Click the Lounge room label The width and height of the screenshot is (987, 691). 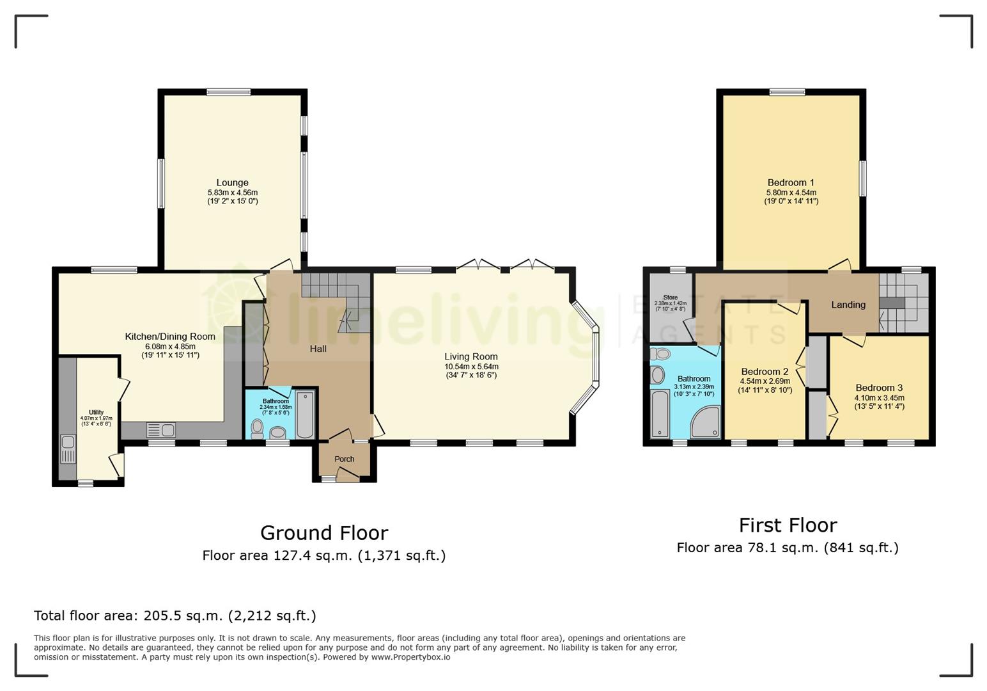(x=232, y=182)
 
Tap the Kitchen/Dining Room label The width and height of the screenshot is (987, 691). (x=170, y=337)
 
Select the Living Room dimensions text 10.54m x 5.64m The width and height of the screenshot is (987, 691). (x=471, y=367)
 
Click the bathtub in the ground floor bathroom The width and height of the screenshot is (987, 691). (x=305, y=416)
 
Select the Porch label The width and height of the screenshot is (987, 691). (x=344, y=459)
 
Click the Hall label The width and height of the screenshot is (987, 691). (x=318, y=349)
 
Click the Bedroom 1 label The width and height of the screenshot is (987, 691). (x=791, y=182)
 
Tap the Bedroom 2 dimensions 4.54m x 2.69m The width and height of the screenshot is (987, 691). (x=765, y=381)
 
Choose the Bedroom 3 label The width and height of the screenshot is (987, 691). (x=879, y=388)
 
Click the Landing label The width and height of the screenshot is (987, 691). (x=848, y=305)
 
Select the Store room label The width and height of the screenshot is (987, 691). (x=670, y=298)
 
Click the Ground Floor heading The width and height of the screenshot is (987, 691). (x=324, y=533)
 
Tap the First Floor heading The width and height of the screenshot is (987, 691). (x=788, y=525)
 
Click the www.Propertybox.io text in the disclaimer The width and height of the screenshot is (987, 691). (x=410, y=657)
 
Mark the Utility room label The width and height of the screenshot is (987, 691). (x=96, y=413)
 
